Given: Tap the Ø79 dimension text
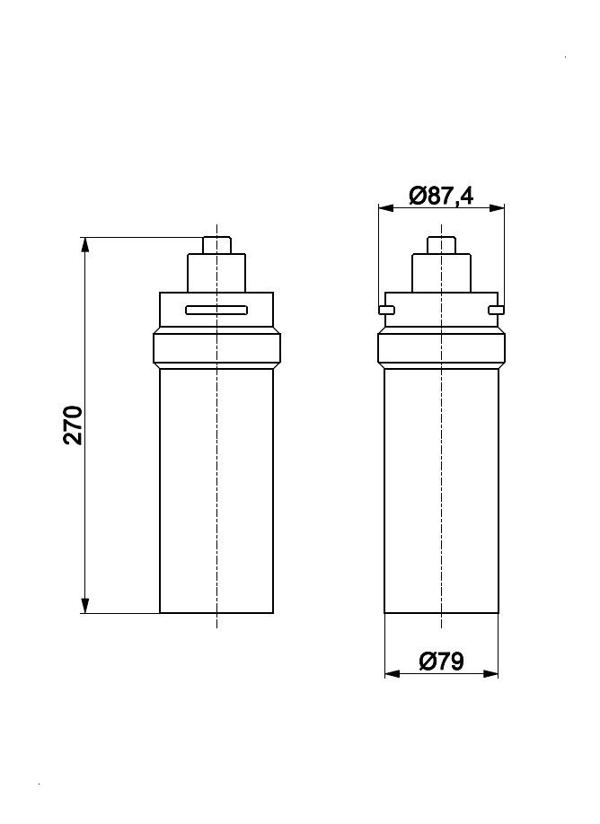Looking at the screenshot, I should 441,662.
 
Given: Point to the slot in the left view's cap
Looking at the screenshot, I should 216,311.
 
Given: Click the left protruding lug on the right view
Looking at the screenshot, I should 385,311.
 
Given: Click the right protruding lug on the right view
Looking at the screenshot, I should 497,311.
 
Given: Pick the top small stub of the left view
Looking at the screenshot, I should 216,245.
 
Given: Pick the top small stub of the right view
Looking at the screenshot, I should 441,245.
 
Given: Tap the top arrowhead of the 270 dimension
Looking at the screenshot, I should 85,245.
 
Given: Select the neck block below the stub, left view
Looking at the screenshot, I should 216,273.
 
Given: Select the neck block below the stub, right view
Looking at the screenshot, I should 441,273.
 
